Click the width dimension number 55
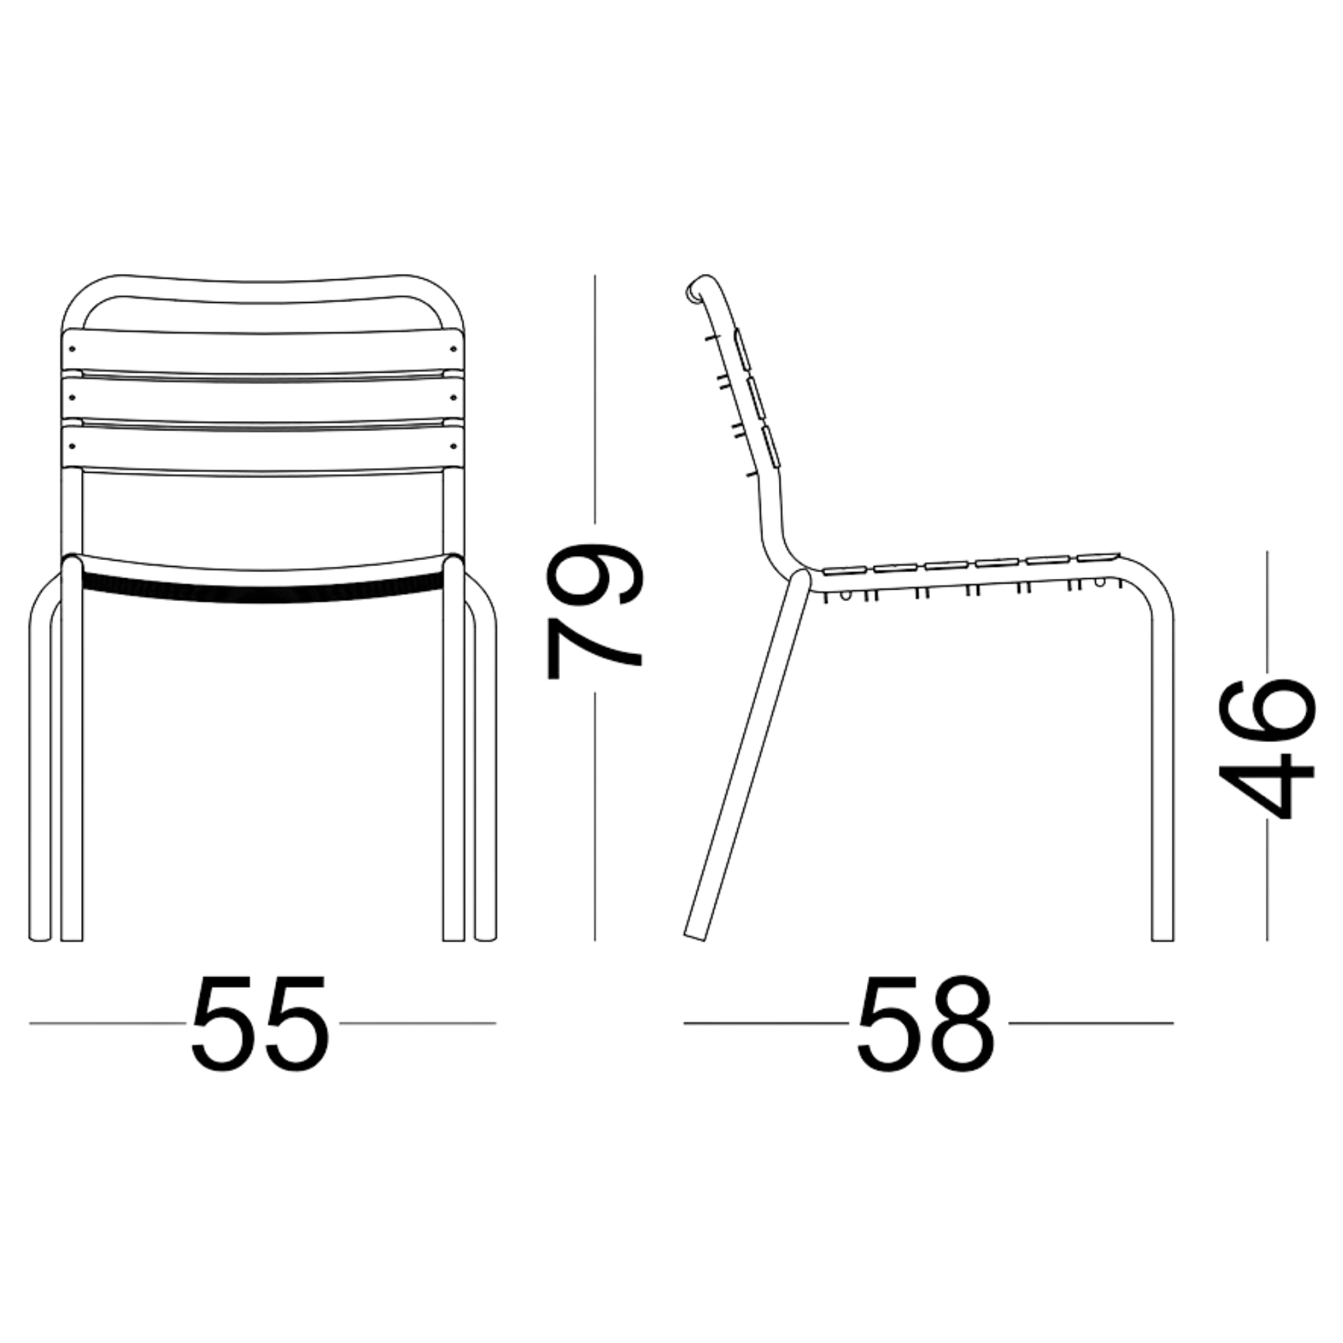[x=259, y=1024]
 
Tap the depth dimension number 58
[x=926, y=1024]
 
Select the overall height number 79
[x=595, y=610]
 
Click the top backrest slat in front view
[x=263, y=352]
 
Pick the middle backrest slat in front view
[x=263, y=399]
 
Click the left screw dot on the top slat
[x=73, y=350]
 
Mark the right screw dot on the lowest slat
[x=453, y=446]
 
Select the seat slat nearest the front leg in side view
[x=1099, y=556]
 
